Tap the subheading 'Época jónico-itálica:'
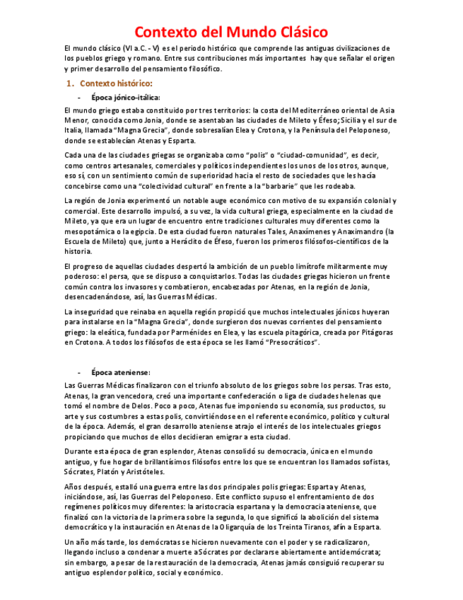[126, 97]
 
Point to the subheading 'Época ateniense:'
[120, 371]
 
